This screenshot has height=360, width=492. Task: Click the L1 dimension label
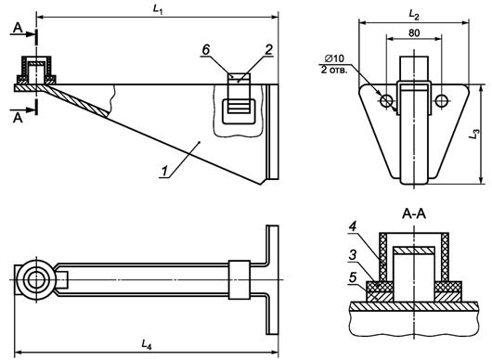(x=158, y=9)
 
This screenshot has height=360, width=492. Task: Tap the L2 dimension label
(x=414, y=15)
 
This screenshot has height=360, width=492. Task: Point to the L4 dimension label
(x=147, y=344)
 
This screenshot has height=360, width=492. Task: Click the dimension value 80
(x=414, y=32)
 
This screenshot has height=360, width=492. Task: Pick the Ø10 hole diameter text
(x=334, y=58)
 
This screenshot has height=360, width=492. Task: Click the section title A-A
(x=414, y=214)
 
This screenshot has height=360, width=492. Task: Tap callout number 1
(x=164, y=172)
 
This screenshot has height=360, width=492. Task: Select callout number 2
(x=269, y=50)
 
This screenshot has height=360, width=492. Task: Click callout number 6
(x=205, y=50)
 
